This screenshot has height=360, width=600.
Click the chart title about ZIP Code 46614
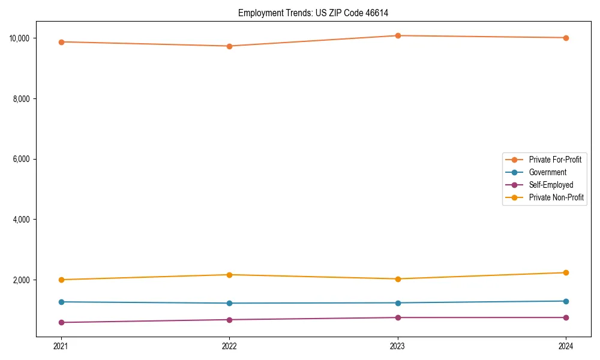(317, 13)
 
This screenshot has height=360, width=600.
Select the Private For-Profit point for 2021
(61, 42)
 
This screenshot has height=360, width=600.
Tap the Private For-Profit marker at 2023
(397, 36)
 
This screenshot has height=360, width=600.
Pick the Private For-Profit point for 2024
(566, 38)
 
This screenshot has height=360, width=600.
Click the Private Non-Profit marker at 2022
(229, 275)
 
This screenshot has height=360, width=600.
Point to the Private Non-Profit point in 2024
(566, 272)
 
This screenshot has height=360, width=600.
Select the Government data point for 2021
(61, 302)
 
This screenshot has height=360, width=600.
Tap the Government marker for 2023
(397, 303)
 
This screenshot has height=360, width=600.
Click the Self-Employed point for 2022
(229, 320)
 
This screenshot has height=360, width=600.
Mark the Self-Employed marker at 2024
(566, 317)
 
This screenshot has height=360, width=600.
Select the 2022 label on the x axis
(229, 346)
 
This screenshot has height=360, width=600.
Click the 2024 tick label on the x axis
(566, 346)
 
